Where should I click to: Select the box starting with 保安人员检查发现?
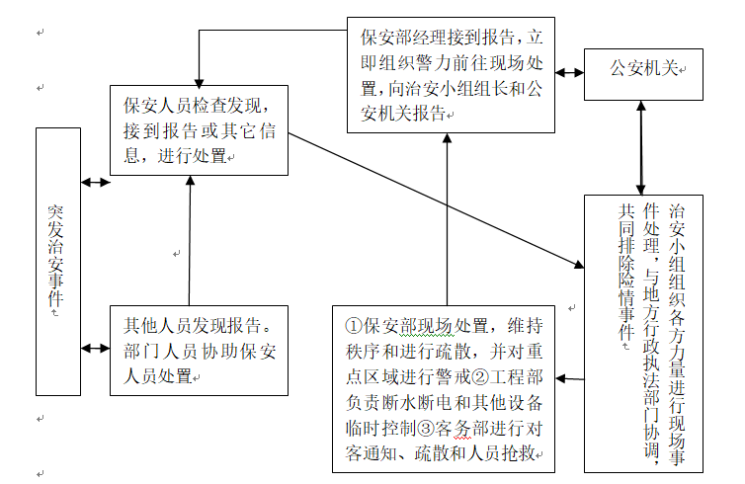[x=198, y=129]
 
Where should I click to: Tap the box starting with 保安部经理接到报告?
[x=450, y=74]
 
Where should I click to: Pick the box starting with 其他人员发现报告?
[x=198, y=350]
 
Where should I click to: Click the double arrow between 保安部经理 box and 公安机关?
[x=568, y=72]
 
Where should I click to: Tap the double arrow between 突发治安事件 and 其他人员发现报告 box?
[x=95, y=348]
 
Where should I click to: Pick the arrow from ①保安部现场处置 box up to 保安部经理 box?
[x=447, y=217]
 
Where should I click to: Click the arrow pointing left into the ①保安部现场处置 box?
[x=569, y=377]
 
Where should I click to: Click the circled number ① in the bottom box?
[x=353, y=325]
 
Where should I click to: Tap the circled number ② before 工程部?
[x=480, y=376]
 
